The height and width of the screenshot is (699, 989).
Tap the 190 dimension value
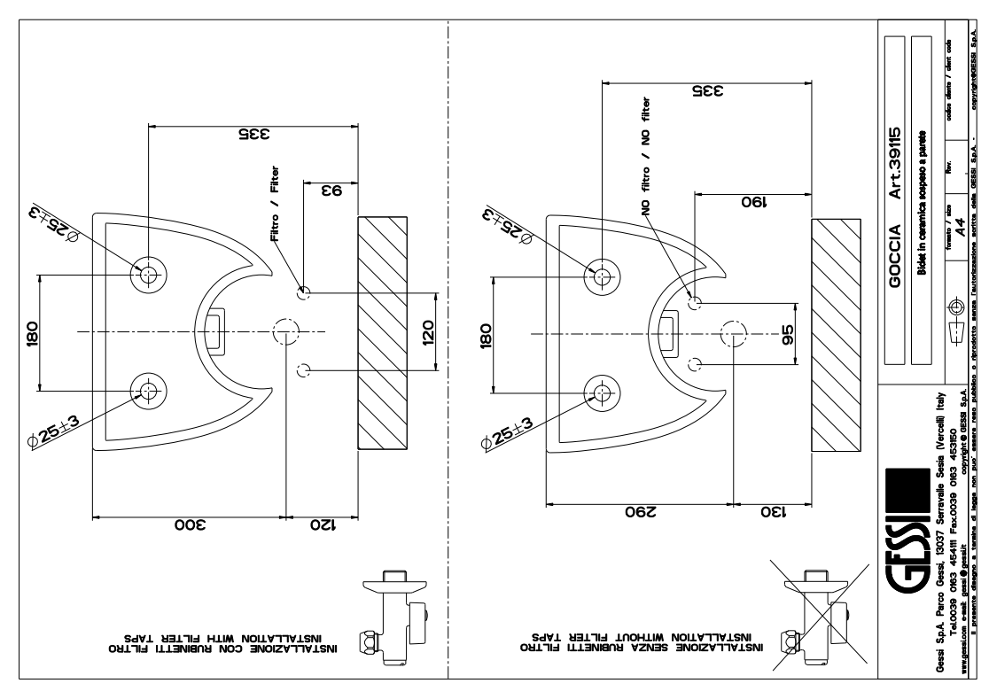(752, 202)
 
